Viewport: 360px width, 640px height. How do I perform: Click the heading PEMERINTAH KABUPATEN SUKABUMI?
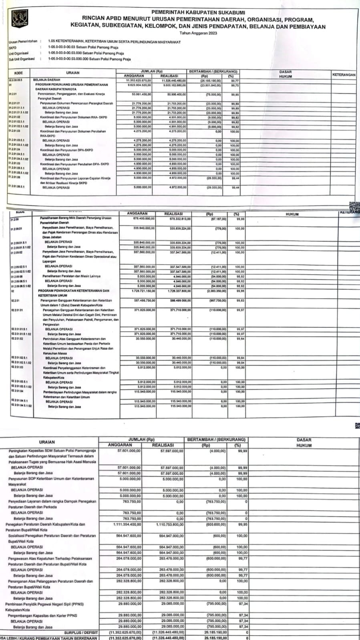pyautogui.click(x=198, y=13)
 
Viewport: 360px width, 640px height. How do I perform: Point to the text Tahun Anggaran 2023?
pyautogui.click(x=198, y=33)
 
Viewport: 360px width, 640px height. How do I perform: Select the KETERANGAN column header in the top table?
pyautogui.click(x=344, y=75)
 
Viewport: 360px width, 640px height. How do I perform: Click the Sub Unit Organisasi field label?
pyautogui.click(x=22, y=59)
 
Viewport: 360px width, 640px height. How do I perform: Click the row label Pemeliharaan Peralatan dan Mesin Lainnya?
pyautogui.click(x=71, y=276)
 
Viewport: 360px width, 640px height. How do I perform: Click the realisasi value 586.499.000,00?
pyautogui.click(x=181, y=300)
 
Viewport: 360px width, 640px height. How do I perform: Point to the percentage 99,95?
pyautogui.click(x=242, y=524)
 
